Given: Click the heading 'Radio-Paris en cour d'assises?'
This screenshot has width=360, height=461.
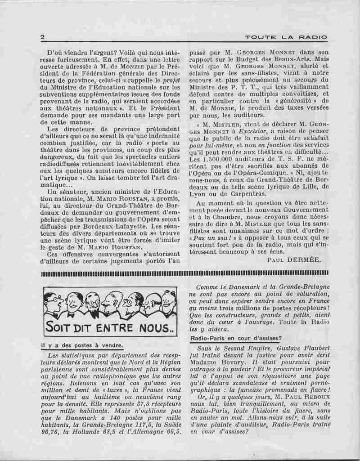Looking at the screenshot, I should click(x=236, y=337).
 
